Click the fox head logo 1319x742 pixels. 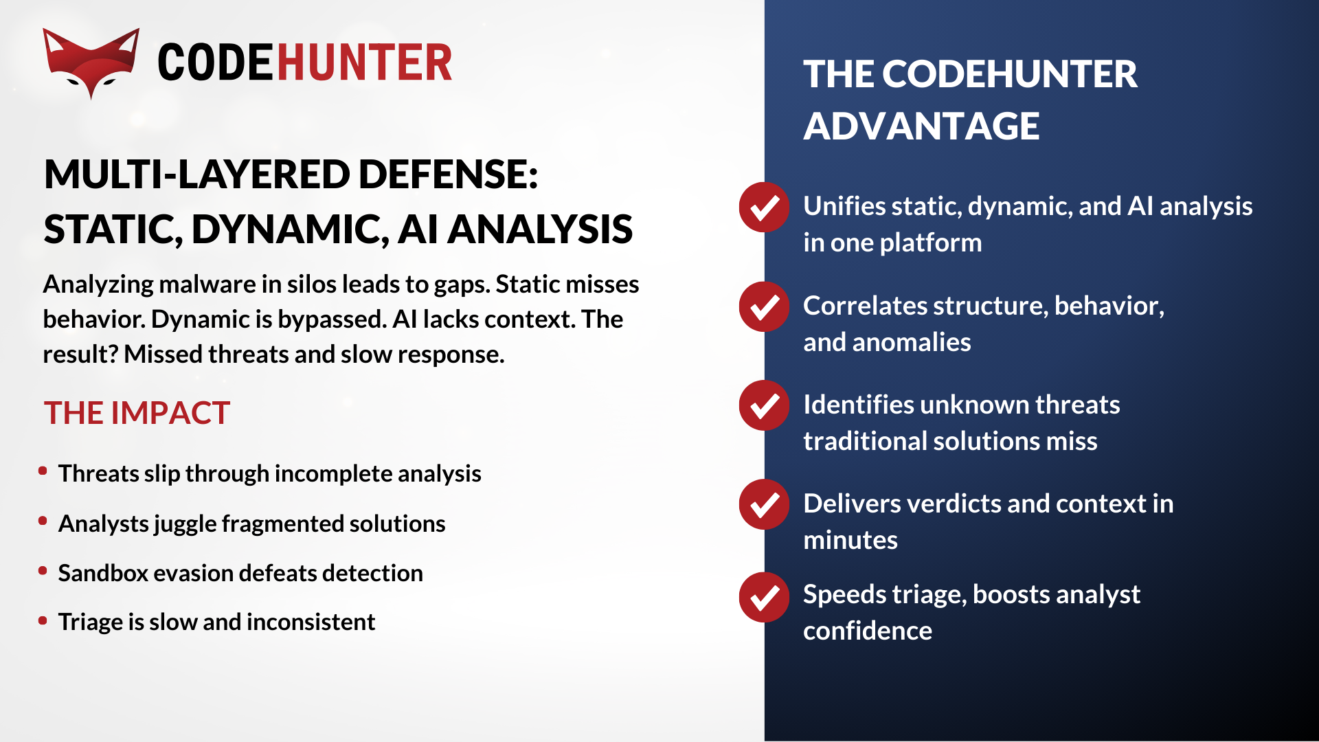pyautogui.click(x=91, y=63)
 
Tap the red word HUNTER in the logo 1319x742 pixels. pyautogui.click(x=365, y=63)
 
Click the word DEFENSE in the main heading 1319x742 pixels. pyautogui.click(x=448, y=174)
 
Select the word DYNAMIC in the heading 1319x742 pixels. pyautogui.click(x=290, y=229)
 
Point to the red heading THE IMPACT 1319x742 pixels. pyautogui.click(x=137, y=413)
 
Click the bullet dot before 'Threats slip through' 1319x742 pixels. pyautogui.click(x=43, y=471)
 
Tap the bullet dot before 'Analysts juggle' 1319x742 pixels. pyautogui.click(x=43, y=521)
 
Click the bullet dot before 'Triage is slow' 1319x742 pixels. pyautogui.click(x=43, y=620)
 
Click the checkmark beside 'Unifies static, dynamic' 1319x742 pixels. pyautogui.click(x=764, y=207)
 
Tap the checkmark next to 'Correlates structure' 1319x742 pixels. pyautogui.click(x=764, y=306)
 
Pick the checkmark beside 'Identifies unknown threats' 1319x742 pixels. pyautogui.click(x=764, y=405)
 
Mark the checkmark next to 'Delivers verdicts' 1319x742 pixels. pyautogui.click(x=764, y=504)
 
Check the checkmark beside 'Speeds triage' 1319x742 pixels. pyautogui.click(x=764, y=597)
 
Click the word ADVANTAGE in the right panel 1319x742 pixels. pyautogui.click(x=921, y=126)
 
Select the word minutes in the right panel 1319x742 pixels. pyautogui.click(x=850, y=540)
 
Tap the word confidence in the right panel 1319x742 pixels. pyautogui.click(x=868, y=631)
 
